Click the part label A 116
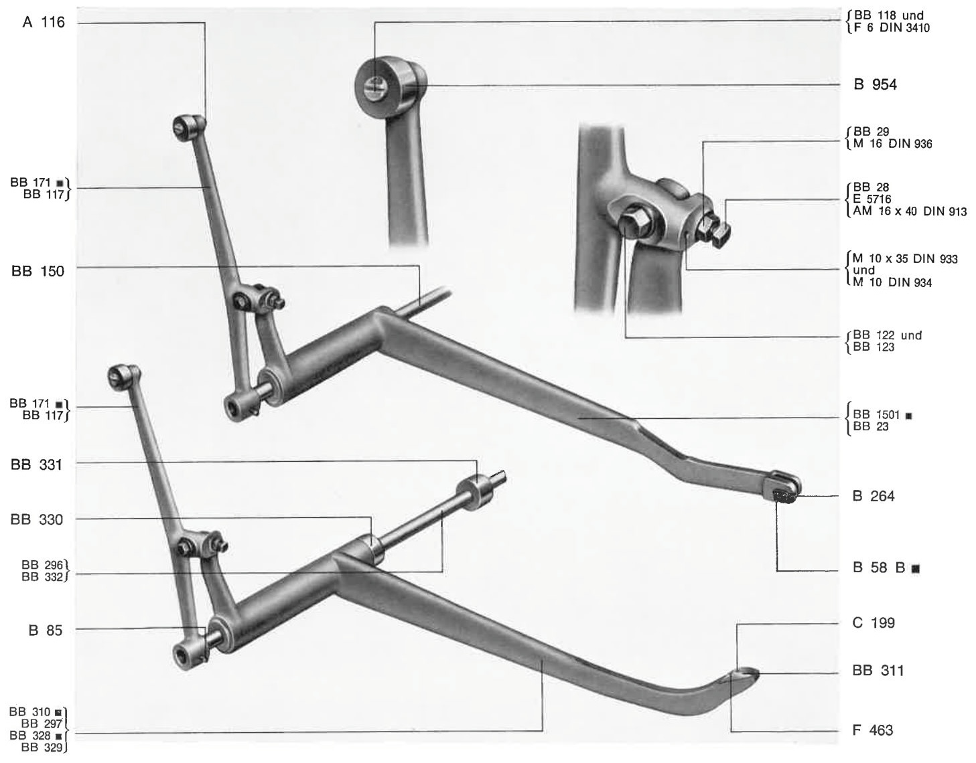point(44,22)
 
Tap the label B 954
point(875,84)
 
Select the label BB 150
point(38,271)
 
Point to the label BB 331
point(36,464)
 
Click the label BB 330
point(37,520)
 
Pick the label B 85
point(46,630)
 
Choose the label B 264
point(874,496)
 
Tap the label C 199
point(874,622)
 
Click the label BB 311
point(878,670)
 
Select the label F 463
point(873,730)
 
